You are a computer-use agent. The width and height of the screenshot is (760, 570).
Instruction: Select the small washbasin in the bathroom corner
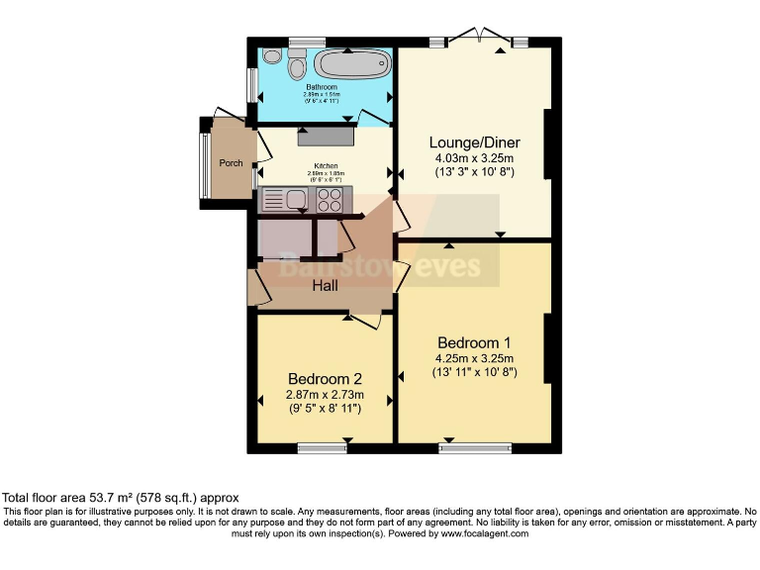point(271,56)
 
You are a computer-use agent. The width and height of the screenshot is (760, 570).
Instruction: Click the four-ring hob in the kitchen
point(330,201)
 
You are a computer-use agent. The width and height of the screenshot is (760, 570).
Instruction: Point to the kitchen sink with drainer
point(285,201)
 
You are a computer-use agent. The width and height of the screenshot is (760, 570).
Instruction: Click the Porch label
point(231,163)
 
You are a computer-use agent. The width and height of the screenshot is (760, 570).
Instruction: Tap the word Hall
point(325,286)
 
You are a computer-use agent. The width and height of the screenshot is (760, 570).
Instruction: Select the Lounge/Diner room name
point(475,142)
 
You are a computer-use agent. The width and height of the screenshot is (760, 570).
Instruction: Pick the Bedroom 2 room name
point(325,378)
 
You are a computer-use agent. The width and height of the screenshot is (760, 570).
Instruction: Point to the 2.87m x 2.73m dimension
point(325,394)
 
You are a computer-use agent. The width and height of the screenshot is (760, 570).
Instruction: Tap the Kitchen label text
point(327,165)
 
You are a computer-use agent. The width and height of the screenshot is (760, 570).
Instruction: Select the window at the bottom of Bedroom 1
point(476,449)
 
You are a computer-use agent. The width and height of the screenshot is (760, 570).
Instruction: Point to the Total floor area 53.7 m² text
point(120,497)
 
